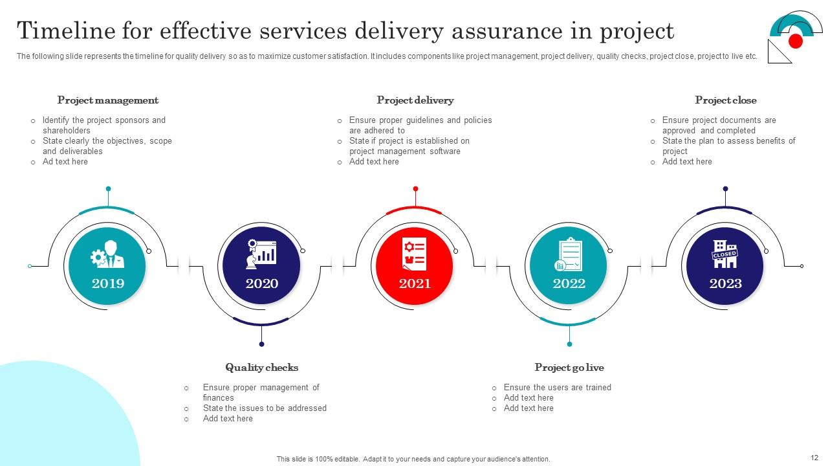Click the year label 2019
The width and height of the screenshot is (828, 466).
click(x=108, y=283)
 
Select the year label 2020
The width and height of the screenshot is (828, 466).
click(x=262, y=283)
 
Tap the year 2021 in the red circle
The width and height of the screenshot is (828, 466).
click(x=415, y=283)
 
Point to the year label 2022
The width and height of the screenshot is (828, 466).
click(x=569, y=283)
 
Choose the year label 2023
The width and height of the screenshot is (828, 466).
click(x=725, y=283)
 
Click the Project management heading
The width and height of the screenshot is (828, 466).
click(x=108, y=100)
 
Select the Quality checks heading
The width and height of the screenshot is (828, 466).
click(x=262, y=368)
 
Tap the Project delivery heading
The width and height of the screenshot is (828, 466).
click(x=415, y=100)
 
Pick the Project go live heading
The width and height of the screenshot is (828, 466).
click(x=569, y=368)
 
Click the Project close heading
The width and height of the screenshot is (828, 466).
click(x=725, y=100)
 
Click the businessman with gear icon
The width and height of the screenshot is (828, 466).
click(x=108, y=254)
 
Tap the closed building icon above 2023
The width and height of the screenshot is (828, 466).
click(x=724, y=254)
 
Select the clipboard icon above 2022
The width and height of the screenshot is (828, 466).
click(x=569, y=254)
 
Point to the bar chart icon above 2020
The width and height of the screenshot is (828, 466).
click(x=261, y=254)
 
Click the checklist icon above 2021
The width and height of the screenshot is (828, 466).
click(x=415, y=254)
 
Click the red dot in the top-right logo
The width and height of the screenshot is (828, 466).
click(x=796, y=41)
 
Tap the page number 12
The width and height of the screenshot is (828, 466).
click(x=814, y=458)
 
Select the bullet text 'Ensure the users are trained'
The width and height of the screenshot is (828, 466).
click(x=557, y=388)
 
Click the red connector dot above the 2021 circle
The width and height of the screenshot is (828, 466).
click(x=415, y=189)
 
